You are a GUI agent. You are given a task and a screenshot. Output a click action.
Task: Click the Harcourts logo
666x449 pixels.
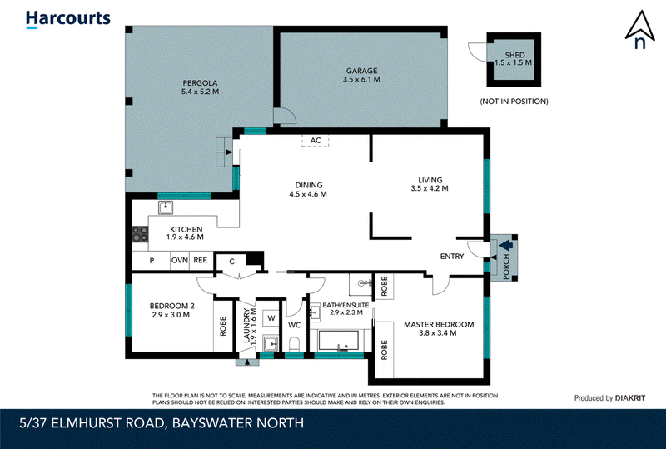tap(68, 19)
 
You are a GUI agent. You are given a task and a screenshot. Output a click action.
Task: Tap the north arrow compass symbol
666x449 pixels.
tap(639, 30)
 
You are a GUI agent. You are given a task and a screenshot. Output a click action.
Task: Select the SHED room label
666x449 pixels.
tap(514, 55)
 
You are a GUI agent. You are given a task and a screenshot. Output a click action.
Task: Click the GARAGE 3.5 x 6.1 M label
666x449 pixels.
tap(361, 75)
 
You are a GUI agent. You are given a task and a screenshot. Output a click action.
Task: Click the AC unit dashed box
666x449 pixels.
tap(316, 140)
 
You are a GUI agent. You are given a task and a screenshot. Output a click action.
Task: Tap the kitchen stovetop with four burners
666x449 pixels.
tap(140, 234)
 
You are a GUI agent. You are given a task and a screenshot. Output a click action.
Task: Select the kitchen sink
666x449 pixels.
tap(166, 208)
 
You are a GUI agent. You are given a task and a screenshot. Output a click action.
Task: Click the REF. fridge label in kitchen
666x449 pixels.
tap(201, 260)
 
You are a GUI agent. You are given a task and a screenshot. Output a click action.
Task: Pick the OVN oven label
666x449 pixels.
tap(180, 260)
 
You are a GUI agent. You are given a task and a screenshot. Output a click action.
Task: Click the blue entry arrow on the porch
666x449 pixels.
tap(506, 246)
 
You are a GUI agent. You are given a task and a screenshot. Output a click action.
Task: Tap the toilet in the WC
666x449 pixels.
tap(294, 344)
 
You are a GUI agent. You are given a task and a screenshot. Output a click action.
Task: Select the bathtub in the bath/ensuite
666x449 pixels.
tap(339, 341)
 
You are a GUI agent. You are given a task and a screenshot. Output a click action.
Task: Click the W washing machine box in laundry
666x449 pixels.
tap(271, 317)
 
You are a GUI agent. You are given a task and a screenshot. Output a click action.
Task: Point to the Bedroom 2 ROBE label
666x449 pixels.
tap(223, 326)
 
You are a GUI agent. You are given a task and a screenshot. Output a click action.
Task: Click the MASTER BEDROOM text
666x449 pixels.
tap(439, 324)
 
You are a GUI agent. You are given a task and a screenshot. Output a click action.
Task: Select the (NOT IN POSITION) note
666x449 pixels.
tap(514, 101)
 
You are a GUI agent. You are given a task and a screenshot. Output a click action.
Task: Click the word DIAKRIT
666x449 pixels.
tap(630, 398)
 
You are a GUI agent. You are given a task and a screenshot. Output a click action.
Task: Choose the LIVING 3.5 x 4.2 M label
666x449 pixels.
tap(430, 184)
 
